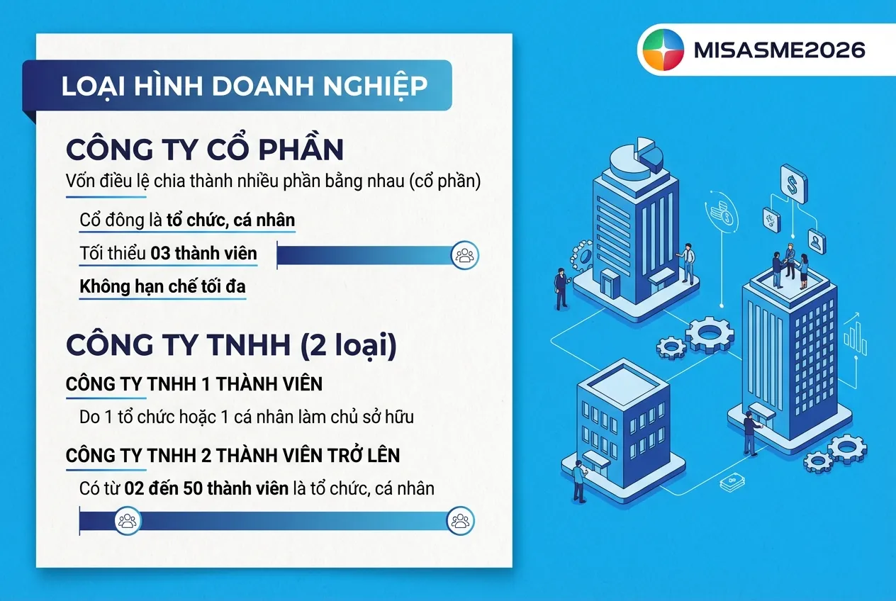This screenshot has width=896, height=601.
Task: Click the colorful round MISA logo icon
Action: point(662,50)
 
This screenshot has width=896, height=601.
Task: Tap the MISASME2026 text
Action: point(780,50)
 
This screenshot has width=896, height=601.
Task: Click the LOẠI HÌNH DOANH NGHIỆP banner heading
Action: point(244,86)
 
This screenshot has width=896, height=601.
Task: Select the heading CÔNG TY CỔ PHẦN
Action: point(205,150)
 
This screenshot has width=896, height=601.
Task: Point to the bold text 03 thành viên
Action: point(203,253)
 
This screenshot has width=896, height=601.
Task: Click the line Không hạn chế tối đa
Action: point(162,287)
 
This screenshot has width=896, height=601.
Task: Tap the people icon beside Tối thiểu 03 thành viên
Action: point(465,255)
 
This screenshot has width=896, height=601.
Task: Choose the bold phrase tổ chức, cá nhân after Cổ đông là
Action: point(230,220)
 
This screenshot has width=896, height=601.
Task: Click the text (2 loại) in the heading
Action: point(347,344)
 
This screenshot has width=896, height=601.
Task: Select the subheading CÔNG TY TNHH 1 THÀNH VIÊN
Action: point(194,384)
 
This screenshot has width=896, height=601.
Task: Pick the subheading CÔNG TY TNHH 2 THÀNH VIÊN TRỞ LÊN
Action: point(233,455)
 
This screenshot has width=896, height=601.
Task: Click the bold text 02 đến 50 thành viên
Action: point(206,488)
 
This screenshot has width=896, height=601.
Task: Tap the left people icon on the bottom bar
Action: point(127,522)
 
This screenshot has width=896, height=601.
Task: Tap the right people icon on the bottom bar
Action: point(460,522)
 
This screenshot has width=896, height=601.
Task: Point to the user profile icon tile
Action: point(817,242)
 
